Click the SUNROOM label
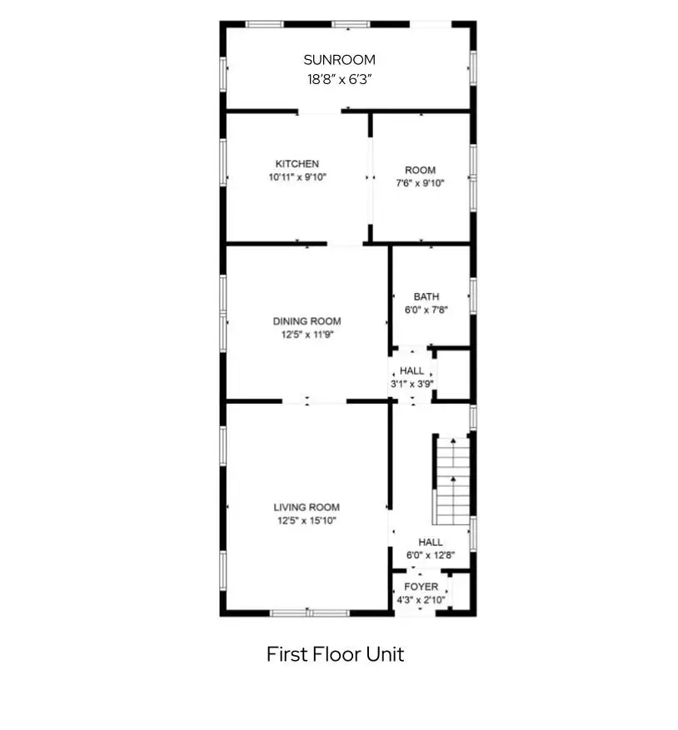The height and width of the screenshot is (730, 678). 339,60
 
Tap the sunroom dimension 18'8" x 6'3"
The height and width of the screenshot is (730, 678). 339,79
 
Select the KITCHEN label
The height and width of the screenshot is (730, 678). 297,164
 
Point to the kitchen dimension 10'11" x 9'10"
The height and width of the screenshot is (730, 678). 297,177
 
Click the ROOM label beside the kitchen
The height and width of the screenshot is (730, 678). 421,171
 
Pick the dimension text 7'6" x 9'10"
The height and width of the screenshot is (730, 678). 421,183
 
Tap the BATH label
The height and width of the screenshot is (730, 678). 426,296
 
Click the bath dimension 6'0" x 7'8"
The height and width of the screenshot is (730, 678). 426,310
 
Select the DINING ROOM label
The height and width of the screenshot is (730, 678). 307,321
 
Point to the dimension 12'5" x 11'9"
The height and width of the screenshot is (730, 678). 307,335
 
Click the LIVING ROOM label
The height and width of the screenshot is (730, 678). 307,508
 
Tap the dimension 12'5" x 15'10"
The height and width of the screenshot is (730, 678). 307,520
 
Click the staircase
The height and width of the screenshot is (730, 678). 452,481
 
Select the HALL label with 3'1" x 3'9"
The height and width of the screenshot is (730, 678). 412,371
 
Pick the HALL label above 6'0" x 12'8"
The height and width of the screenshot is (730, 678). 431,543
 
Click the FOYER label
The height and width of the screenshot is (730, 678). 421,587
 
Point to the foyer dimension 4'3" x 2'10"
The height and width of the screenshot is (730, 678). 421,599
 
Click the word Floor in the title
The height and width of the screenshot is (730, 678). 336,654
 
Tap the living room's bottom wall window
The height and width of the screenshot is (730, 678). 310,613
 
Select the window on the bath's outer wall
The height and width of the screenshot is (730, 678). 473,296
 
